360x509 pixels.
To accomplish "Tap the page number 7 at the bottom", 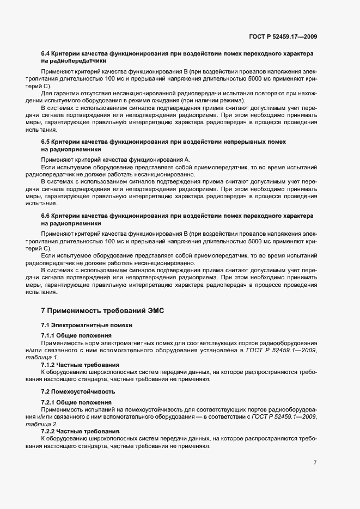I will coord(315,462).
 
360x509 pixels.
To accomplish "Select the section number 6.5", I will coord(46,142).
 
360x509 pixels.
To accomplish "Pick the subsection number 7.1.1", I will coord(48,335).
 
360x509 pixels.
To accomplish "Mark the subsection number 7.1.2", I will coord(48,365).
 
